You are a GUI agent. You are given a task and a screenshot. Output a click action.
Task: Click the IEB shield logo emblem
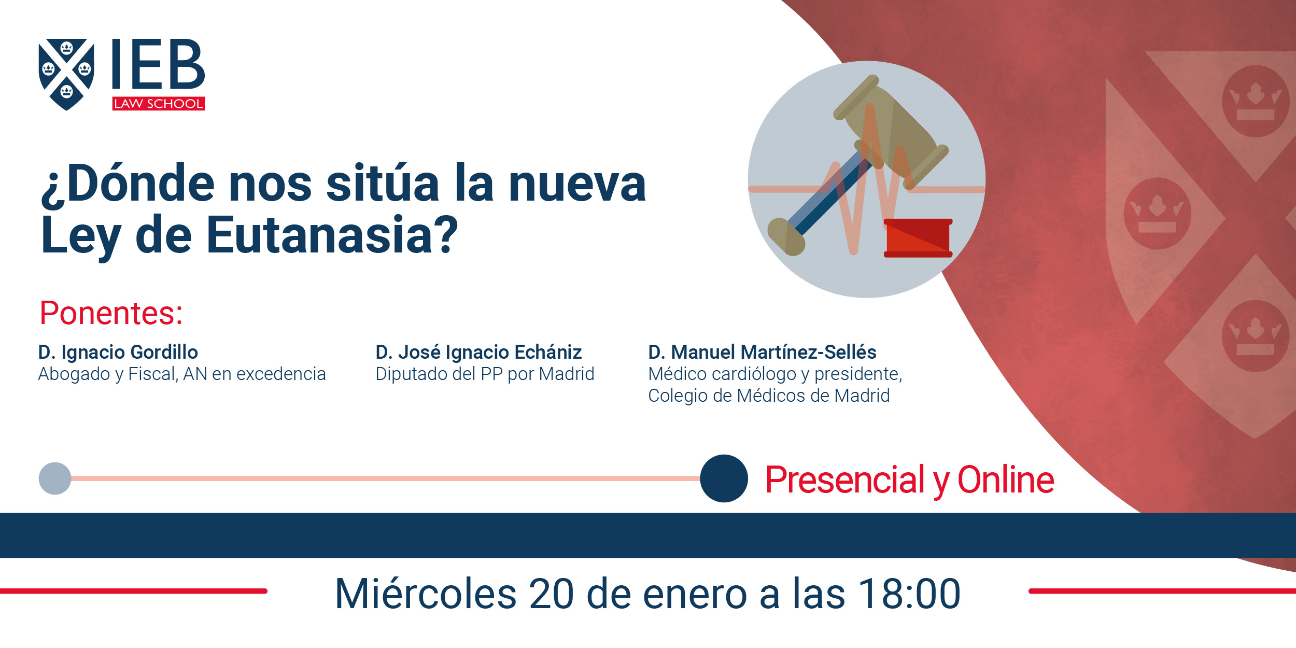point(66,74)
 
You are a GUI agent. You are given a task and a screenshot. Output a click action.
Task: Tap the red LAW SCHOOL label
point(159,104)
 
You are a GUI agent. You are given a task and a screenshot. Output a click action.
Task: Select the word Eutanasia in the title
point(332,235)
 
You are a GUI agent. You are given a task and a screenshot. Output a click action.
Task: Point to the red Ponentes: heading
point(111,313)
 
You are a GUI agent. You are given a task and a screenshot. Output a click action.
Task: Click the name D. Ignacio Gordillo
point(118,352)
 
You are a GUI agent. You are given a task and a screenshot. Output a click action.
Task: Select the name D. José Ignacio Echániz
point(478,352)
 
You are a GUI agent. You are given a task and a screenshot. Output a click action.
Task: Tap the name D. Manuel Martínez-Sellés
point(762,352)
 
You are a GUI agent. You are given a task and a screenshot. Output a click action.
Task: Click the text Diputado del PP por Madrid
point(485,374)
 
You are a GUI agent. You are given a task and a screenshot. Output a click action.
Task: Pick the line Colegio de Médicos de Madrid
point(769,396)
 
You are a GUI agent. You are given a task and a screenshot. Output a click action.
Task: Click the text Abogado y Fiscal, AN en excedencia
point(182,374)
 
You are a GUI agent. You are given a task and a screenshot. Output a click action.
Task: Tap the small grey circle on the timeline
point(55,478)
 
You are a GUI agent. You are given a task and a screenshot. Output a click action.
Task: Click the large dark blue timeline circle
point(724,478)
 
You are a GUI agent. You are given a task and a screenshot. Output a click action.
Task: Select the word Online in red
point(1006,480)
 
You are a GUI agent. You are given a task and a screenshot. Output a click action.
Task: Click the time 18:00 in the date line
point(909,594)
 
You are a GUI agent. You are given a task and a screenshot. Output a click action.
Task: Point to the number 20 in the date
point(551,594)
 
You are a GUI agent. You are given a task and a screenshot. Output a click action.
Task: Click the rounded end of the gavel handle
point(785,237)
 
